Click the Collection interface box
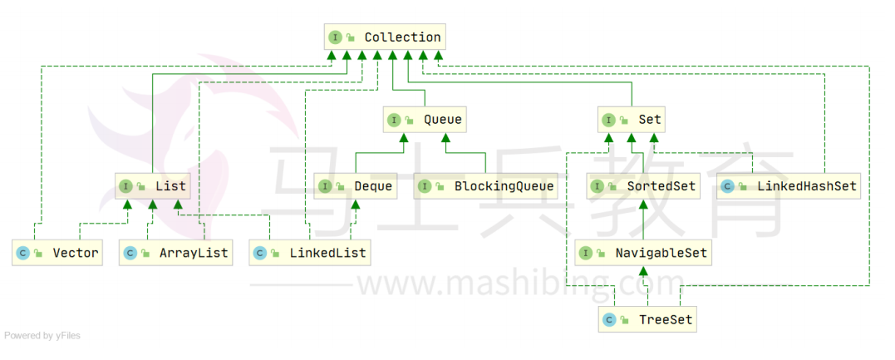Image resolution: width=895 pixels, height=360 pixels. [x=384, y=37]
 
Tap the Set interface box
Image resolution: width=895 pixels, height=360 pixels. [x=632, y=120]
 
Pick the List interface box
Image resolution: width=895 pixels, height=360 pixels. [x=154, y=186]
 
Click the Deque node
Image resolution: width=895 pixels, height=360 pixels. [x=356, y=186]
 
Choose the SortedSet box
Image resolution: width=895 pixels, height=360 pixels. [x=642, y=186]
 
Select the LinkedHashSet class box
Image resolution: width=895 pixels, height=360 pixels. [x=789, y=186]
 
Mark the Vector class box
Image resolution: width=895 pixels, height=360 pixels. [x=57, y=253]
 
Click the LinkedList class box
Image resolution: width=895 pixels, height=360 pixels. [x=309, y=253]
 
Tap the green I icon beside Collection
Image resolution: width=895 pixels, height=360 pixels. [x=335, y=37]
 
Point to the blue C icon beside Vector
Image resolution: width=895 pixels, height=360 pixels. [x=23, y=253]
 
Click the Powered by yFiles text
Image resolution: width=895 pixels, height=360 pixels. [x=42, y=336]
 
